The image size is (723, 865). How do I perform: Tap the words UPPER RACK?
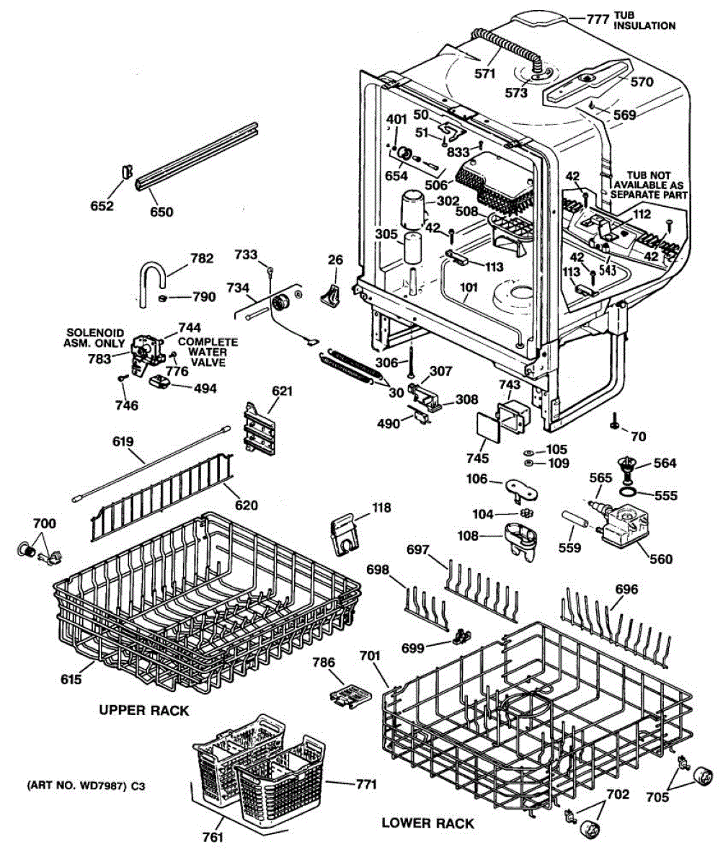[143, 710]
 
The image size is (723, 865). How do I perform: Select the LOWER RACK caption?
[427, 823]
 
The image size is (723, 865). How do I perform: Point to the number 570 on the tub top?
[641, 81]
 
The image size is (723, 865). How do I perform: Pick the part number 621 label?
[283, 391]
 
